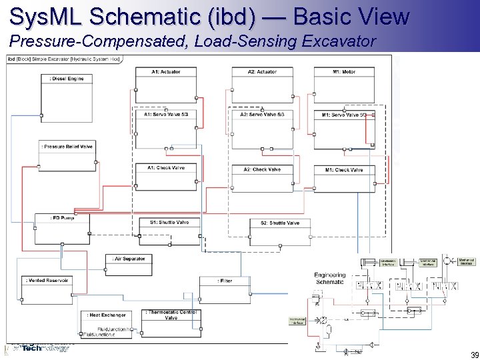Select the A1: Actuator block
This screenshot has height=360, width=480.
coord(166,84)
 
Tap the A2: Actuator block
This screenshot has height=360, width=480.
coord(262,84)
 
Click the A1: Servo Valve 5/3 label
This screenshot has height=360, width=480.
coord(166,115)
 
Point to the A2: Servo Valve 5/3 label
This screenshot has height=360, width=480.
coord(263,115)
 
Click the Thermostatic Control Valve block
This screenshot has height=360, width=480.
coord(171,319)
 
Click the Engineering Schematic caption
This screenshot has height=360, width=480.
coord(330,278)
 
